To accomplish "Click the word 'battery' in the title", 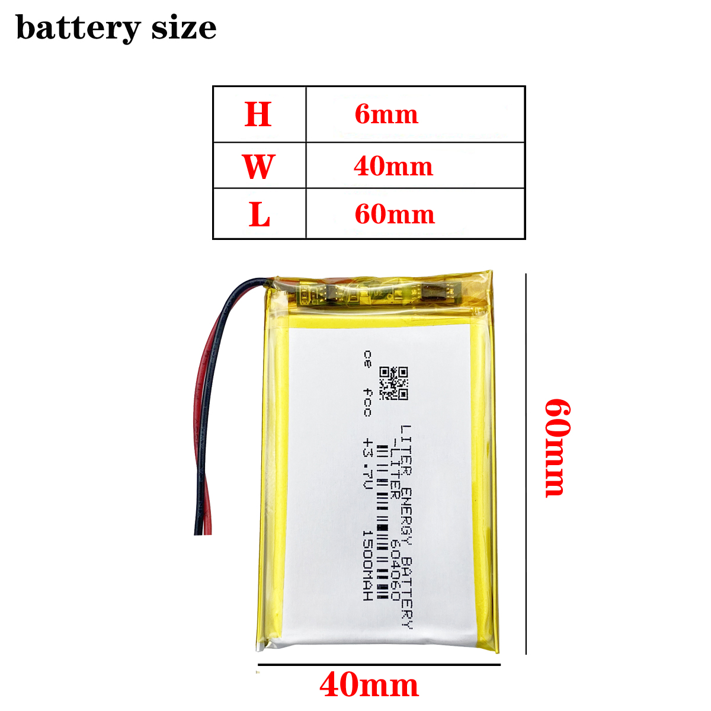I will [x=78, y=28].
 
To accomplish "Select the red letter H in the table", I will [x=258, y=114].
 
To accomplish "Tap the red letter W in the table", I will [x=258, y=166].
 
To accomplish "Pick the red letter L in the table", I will [x=260, y=214].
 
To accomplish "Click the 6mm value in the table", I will [x=386, y=114].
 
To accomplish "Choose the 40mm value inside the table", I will [x=393, y=166].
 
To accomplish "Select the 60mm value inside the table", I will [x=395, y=214].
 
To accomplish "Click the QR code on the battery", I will [x=394, y=383].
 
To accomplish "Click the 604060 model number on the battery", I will [x=395, y=569].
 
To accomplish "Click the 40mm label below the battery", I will [x=369, y=686].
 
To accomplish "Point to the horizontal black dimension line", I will [x=379, y=665].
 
